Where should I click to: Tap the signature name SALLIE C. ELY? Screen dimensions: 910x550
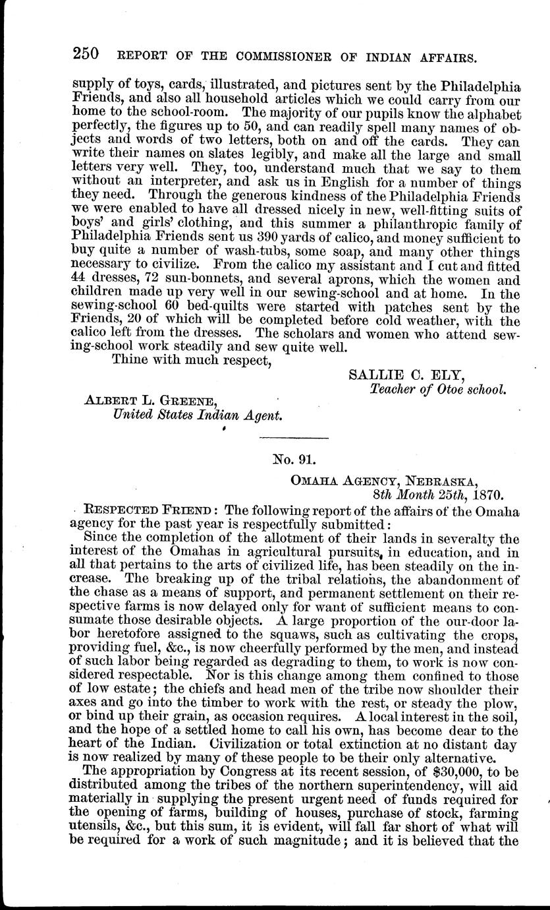tap(406, 375)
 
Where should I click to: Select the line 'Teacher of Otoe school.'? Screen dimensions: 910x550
tap(439, 389)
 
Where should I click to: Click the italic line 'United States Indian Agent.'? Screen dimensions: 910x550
tap(198, 416)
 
